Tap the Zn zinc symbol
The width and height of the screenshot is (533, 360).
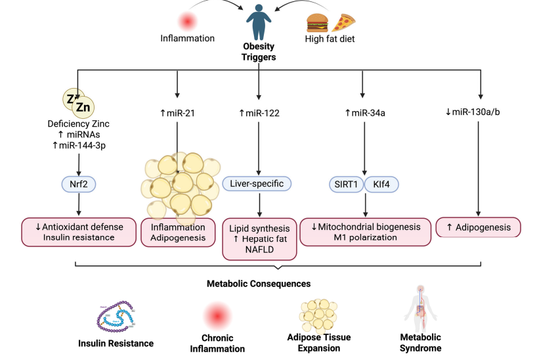81,106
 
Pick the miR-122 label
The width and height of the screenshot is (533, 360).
259,113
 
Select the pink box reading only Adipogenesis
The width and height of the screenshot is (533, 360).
477,227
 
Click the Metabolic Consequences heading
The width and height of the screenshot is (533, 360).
259,284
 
